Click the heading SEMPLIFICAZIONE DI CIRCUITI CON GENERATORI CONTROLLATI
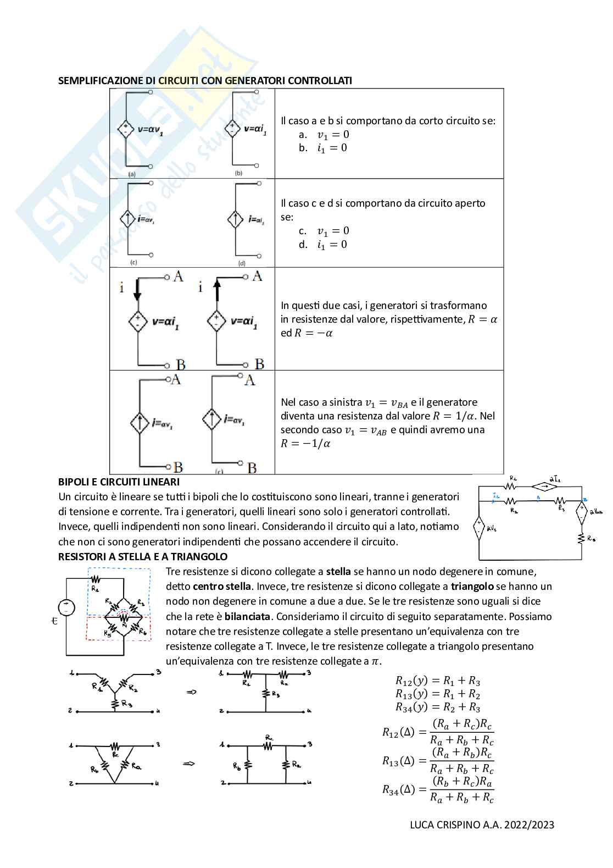tap(205, 80)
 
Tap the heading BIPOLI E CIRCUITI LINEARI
tap(119, 482)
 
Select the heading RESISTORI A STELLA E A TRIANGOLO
tap(143, 556)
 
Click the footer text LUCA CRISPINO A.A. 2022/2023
tap(482, 825)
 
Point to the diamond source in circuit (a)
tap(126, 130)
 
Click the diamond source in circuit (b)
tap(232, 130)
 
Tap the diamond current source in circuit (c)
tap(127, 219)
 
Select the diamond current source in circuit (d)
tap(235, 219)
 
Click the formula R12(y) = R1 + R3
tap(438, 681)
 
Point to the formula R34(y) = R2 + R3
tap(438, 707)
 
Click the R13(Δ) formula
tap(438, 760)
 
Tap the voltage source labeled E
tap(67, 607)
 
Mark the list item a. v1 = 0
tap(324, 135)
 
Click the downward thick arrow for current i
tap(137, 290)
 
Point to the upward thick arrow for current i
tap(216, 290)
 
